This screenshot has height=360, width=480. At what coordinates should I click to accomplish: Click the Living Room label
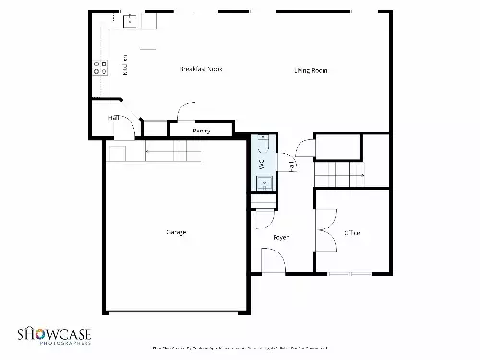(311, 70)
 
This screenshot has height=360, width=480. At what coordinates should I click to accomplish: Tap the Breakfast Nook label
(202, 69)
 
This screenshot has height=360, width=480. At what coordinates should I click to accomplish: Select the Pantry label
(202, 130)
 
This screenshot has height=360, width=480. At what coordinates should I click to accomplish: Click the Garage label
(176, 232)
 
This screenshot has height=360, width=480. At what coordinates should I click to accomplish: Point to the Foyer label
(281, 236)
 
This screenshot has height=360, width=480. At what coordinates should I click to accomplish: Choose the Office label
(352, 232)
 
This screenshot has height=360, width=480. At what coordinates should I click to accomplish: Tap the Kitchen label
(126, 65)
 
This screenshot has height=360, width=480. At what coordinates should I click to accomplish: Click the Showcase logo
(54, 335)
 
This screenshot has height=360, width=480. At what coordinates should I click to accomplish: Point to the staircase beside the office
(342, 175)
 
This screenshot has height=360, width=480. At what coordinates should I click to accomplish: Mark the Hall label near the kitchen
(114, 117)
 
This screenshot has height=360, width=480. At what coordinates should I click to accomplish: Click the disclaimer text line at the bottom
(240, 348)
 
